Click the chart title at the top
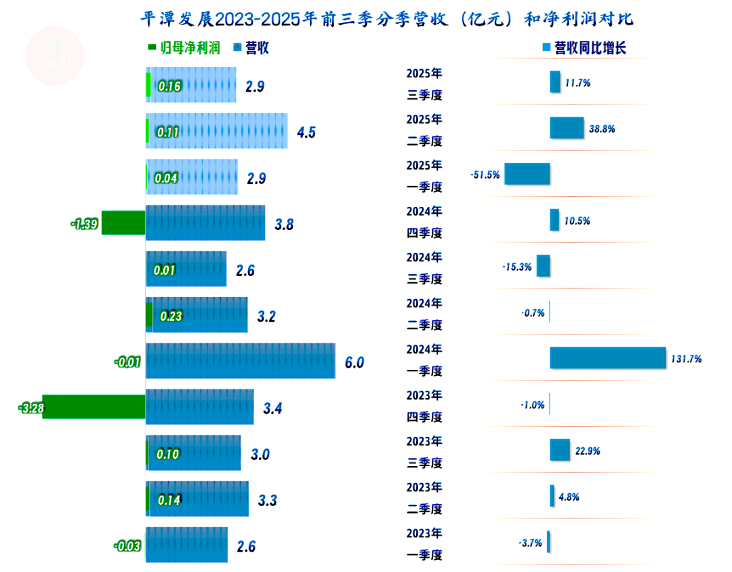pos(386,18)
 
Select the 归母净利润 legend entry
pos(184,47)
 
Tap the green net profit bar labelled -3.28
pos(94,407)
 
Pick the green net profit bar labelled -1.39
pos(123,223)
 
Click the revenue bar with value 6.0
pos(241,361)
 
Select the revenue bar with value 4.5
pos(217,131)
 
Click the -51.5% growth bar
pos(527,174)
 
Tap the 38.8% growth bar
pos(566,128)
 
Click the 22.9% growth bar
pos(559,450)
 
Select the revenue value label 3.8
pos(285,225)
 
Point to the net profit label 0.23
pos(171,316)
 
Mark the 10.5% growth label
pos(577,221)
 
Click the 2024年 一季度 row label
pos(424,360)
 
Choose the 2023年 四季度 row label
pos(424,406)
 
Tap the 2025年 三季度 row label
pos(424,84)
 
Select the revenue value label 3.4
pos(273,408)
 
